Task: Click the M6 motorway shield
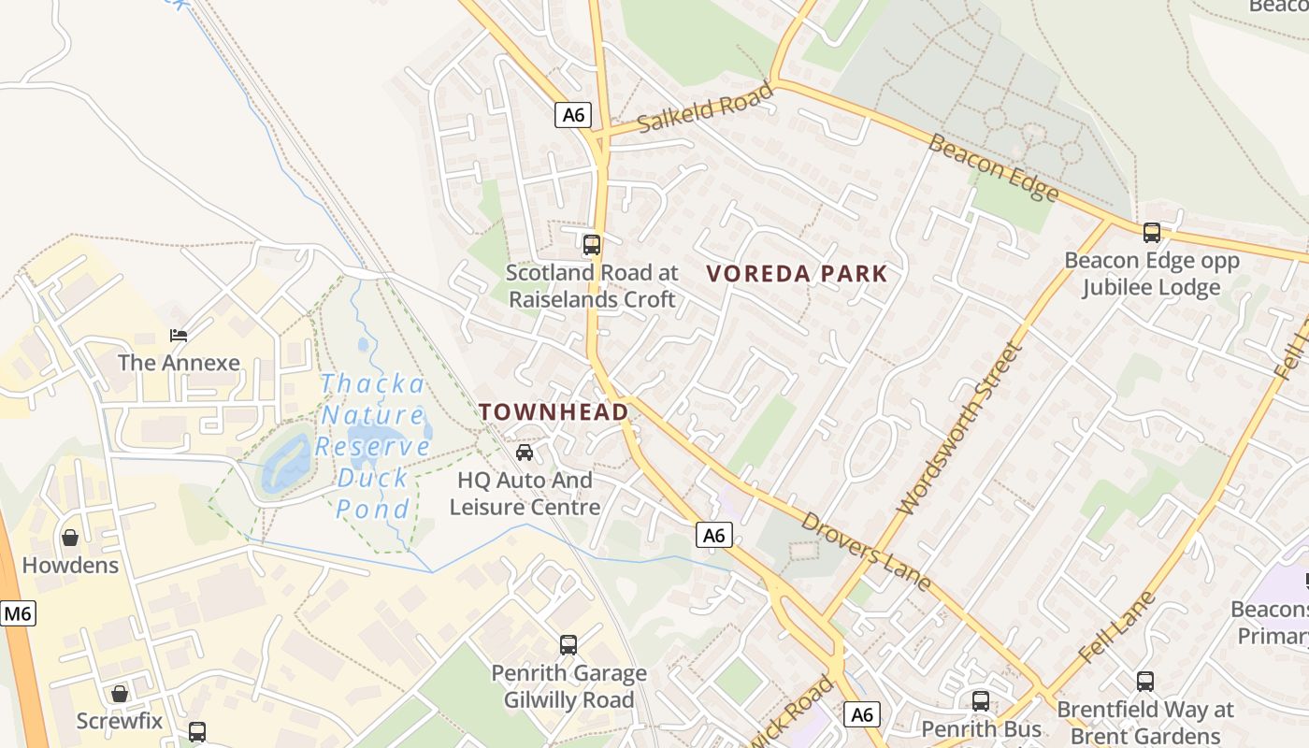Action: click(17, 613)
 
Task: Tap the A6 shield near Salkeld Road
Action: click(573, 115)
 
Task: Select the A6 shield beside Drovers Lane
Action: click(713, 535)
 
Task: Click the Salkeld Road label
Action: click(706, 108)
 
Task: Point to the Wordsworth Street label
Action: click(959, 428)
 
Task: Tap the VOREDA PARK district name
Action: click(797, 274)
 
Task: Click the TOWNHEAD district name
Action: click(554, 411)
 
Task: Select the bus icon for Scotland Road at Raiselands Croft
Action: click(591, 245)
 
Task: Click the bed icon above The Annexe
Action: click(178, 335)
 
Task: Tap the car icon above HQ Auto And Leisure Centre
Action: click(525, 453)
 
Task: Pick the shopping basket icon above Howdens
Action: click(70, 538)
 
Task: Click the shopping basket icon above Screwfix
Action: click(119, 694)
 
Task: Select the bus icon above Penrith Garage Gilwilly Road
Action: click(568, 645)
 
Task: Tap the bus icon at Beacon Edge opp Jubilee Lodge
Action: click(1151, 233)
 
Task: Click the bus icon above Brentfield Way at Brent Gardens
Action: click(1144, 682)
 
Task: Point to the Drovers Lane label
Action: click(866, 552)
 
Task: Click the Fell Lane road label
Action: click(1117, 626)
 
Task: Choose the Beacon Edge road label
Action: click(994, 168)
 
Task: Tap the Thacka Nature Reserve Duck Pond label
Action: click(374, 446)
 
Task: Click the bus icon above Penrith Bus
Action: click(980, 701)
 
